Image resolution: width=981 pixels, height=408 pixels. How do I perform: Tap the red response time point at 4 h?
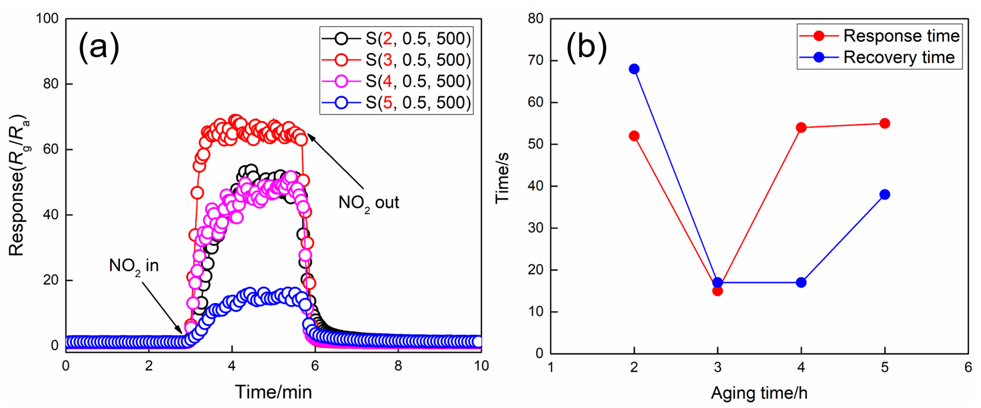(801, 127)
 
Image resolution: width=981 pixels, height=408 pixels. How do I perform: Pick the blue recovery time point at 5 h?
(885, 194)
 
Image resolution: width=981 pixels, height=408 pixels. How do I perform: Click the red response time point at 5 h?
(885, 123)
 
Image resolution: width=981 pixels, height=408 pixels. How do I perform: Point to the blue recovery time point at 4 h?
(801, 282)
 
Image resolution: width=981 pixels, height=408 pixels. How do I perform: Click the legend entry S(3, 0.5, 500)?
(418, 60)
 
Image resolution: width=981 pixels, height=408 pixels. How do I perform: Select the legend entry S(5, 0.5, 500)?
(418, 102)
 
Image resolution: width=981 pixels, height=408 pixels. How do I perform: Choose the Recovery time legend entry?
(899, 58)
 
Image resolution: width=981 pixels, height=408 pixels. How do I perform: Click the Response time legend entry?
(901, 36)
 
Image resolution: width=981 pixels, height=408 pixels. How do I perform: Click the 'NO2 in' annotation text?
(134, 266)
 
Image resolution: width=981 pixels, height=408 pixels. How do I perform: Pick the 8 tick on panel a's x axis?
(398, 366)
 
